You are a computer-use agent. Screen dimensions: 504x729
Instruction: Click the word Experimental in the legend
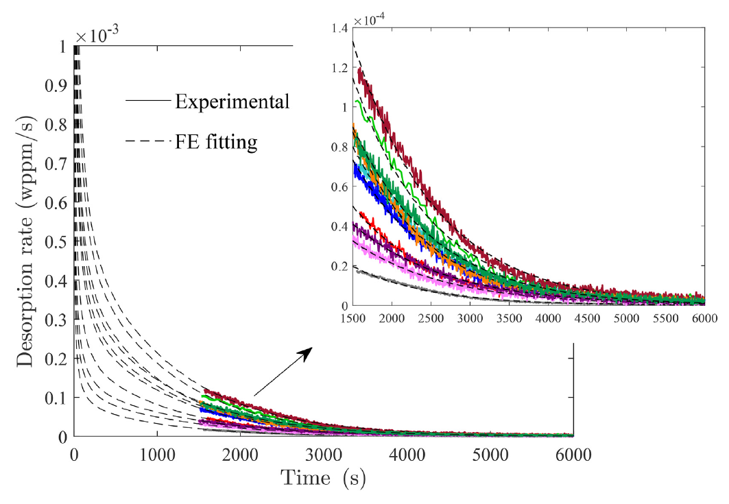pos(232,102)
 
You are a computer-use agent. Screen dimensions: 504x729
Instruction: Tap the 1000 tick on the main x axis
pos(157,454)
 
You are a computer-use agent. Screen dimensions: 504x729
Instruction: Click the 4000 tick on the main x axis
pos(407,454)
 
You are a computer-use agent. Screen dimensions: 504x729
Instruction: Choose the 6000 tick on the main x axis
pos(573,454)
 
